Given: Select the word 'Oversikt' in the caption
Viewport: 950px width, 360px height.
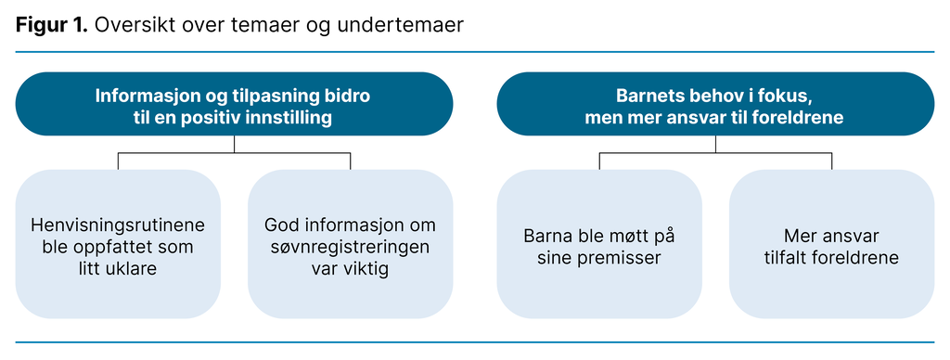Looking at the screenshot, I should point(132,25).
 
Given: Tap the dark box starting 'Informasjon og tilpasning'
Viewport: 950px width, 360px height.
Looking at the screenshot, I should point(234,105).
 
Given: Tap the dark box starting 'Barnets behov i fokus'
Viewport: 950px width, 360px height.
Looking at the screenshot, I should point(715,105).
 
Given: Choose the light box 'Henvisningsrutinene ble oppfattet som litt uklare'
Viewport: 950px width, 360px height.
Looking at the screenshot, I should point(118,244).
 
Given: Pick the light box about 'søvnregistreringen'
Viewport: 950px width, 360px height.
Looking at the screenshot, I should point(350,244).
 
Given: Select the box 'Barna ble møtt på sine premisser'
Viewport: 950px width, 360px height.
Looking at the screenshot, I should point(599,244).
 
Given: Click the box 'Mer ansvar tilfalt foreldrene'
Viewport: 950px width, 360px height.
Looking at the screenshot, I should point(831,244).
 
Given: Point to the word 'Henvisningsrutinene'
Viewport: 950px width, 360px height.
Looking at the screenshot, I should point(118,225).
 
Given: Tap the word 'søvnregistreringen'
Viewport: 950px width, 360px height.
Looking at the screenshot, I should point(350,248).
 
